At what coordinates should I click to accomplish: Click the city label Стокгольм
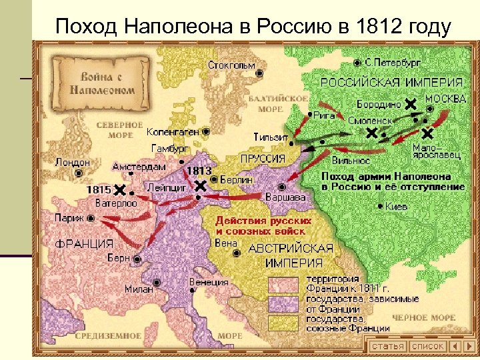231,65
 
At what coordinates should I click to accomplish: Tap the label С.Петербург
392,61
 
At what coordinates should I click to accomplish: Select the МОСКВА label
445,98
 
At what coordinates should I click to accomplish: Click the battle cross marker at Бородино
411,103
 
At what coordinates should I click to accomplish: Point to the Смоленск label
369,121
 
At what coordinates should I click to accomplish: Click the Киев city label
396,207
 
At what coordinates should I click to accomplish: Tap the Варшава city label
285,198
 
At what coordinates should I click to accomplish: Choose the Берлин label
239,179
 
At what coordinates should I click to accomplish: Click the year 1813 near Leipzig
199,171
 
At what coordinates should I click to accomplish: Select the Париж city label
69,217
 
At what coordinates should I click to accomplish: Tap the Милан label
139,289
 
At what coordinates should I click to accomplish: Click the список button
427,346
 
